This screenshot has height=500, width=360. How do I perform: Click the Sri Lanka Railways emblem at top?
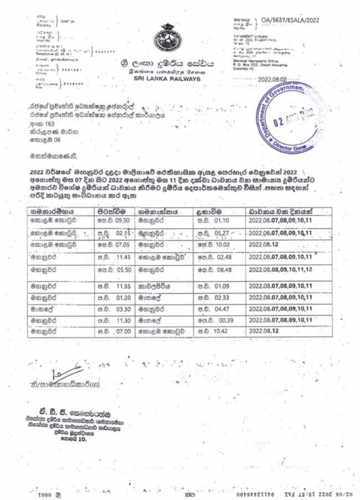click(x=171, y=40)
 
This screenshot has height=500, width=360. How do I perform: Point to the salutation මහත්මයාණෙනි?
click(x=49, y=156)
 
